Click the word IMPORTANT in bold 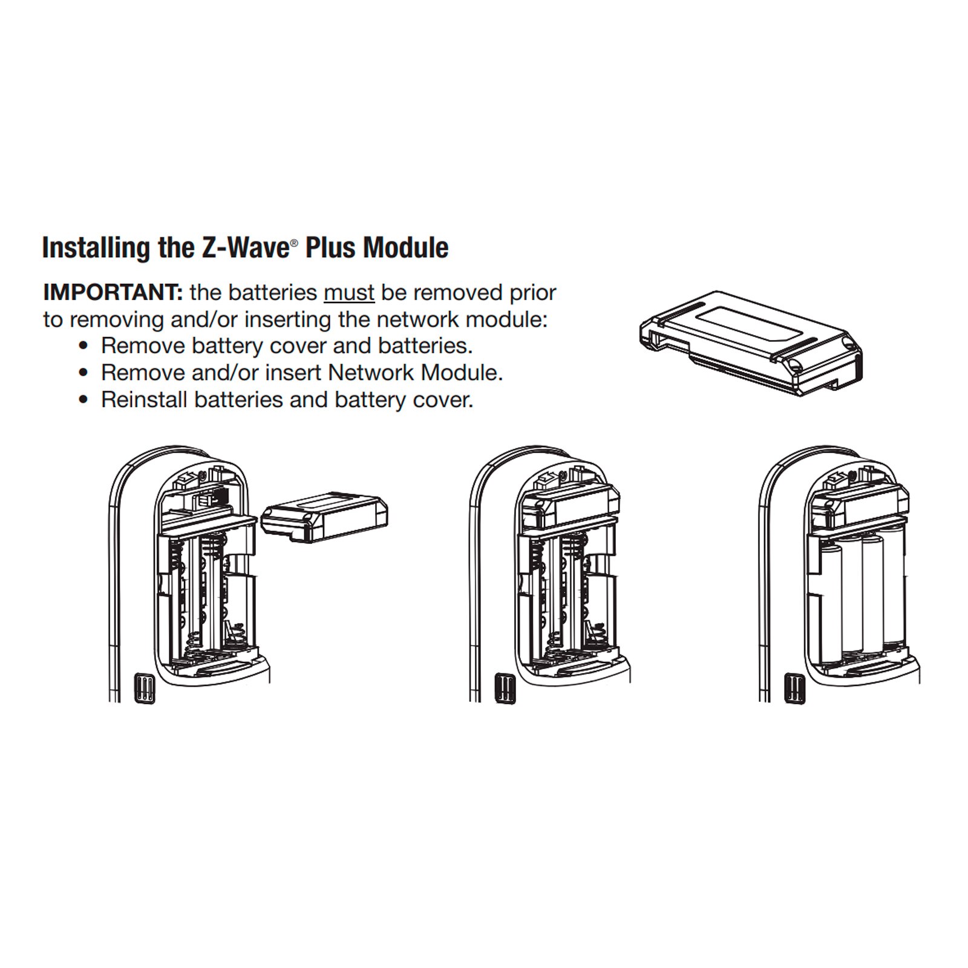point(113,293)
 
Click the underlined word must point(349,293)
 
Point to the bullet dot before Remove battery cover point(85,347)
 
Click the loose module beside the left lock point(324,515)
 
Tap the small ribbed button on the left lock point(144,688)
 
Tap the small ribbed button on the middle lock point(505,688)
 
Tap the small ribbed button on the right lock point(794,688)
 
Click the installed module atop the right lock point(859,502)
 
